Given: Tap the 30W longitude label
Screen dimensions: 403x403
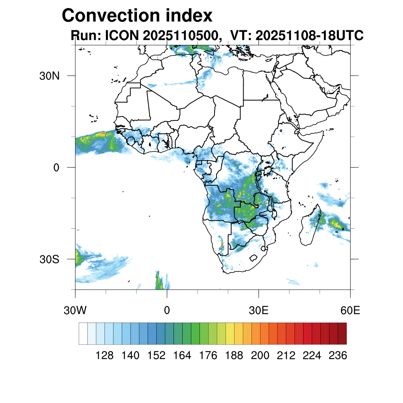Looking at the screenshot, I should (x=75, y=311).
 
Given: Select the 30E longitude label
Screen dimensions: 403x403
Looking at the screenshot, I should (x=259, y=311).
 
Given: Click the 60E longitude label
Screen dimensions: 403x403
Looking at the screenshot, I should (x=350, y=311).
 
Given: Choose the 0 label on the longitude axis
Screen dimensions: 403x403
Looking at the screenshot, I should (x=167, y=311).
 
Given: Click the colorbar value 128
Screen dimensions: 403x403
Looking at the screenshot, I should (x=105, y=356).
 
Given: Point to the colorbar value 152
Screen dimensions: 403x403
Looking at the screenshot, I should (x=156, y=356).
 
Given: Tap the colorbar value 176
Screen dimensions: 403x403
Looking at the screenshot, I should (x=208, y=356).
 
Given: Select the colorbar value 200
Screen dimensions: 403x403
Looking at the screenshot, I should (x=260, y=356).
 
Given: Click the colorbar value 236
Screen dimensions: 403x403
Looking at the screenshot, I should (x=338, y=356).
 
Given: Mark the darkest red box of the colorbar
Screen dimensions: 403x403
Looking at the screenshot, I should (x=342, y=333).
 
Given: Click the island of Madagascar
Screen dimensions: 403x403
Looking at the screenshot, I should (x=311, y=228).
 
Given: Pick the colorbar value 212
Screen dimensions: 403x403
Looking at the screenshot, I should (x=286, y=356).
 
